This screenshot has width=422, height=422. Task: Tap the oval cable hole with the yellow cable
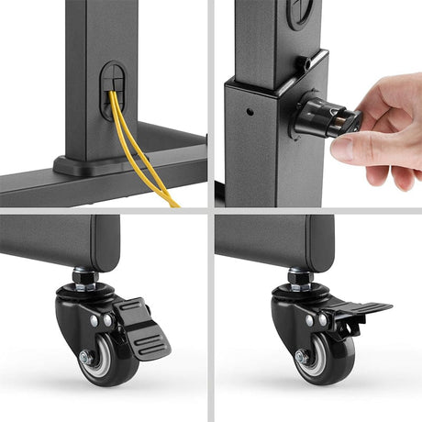click(113, 87)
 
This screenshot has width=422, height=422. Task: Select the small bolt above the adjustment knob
click(299, 65)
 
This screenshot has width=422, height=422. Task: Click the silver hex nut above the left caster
click(83, 275)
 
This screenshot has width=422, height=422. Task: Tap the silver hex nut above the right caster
click(299, 275)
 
